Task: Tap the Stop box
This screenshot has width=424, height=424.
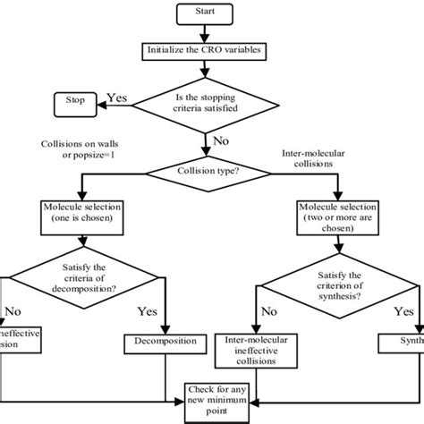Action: [x=76, y=101]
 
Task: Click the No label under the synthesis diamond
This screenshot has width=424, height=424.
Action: [x=267, y=313]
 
